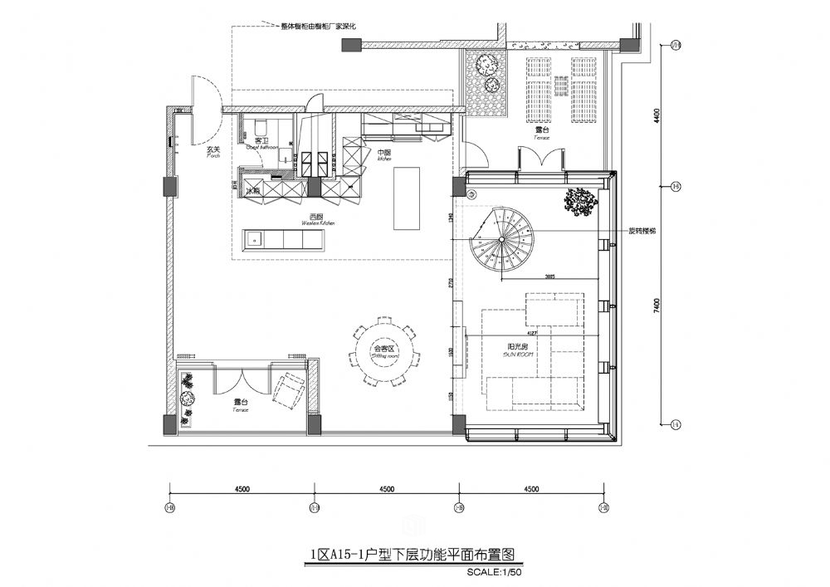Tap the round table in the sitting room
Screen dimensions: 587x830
383,350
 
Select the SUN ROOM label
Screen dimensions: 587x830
516,350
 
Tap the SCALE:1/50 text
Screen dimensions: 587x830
496,572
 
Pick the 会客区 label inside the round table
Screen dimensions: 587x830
383,349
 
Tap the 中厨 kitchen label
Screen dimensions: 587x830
383,154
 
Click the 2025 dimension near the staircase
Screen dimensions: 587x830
549,275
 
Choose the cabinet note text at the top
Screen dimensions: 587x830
319,27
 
